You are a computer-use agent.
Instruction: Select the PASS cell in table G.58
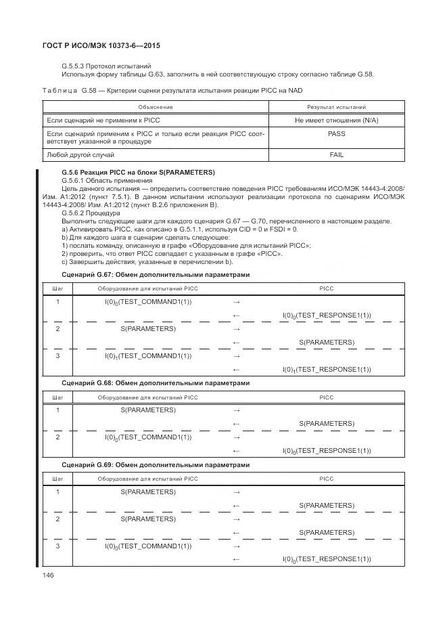click(x=336, y=134)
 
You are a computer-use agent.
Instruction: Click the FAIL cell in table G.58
click(x=336, y=155)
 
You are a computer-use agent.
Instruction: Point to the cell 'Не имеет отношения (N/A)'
click(x=336, y=120)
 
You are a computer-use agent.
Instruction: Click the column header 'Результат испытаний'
click(x=336, y=107)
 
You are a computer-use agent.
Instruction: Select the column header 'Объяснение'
click(x=156, y=107)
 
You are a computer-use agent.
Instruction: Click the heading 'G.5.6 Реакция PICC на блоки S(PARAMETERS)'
click(x=138, y=173)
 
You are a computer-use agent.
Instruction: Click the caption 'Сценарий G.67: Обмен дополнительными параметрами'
click(x=156, y=275)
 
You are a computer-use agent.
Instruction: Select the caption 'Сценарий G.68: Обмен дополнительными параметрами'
click(x=156, y=383)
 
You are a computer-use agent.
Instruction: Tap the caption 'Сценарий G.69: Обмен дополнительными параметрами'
click(x=156, y=465)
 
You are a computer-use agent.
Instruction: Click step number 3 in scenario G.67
click(x=57, y=356)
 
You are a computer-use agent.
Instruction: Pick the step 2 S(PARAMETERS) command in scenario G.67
click(x=148, y=328)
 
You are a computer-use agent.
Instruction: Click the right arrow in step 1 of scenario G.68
click(x=236, y=410)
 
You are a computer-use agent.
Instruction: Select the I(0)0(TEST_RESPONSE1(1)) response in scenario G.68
click(x=327, y=451)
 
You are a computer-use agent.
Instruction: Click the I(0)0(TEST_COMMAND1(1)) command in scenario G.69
click(x=148, y=546)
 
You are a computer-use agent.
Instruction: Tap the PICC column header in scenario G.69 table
click(x=327, y=479)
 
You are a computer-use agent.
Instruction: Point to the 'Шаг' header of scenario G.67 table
click(x=57, y=288)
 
